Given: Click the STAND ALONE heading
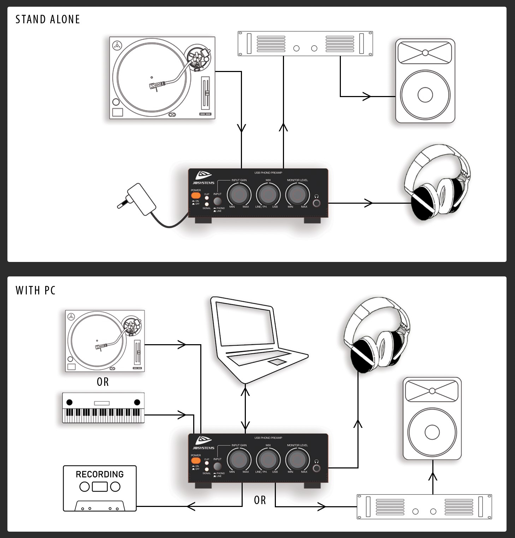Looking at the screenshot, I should coord(48,19).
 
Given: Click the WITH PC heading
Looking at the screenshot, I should coord(36,291).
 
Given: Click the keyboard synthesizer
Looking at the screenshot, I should coord(103,408).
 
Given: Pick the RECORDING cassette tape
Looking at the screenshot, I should coord(100,488).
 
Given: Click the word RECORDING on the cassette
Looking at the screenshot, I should coord(100,474).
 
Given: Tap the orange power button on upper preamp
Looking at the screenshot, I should coord(196,195).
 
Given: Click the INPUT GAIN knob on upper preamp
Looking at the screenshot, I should coord(239,194).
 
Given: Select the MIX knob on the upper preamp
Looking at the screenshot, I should coord(268,194).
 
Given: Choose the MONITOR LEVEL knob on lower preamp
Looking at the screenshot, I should coord(297,459).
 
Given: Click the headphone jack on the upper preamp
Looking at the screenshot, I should coord(317,203).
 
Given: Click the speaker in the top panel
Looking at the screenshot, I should coord(425,81).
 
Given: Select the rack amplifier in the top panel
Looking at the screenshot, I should coord(305,44).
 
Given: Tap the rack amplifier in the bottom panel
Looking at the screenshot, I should coord(424,507).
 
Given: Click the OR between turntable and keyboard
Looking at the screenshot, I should coord(103,382).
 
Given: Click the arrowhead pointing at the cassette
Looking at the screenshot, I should coord(191,507).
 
